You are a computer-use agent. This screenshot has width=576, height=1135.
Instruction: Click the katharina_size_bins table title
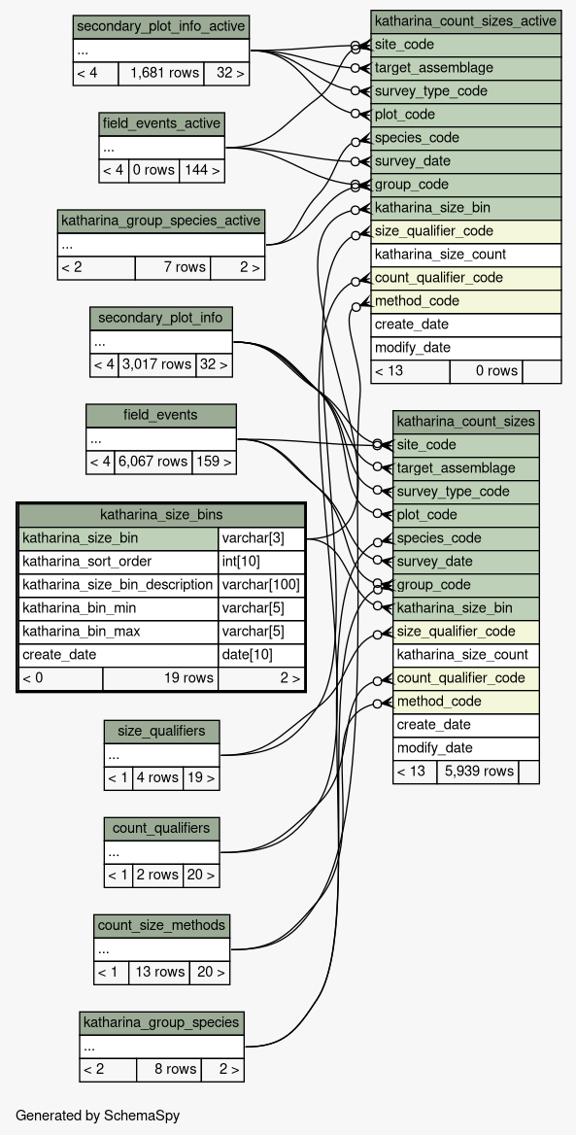tap(160, 515)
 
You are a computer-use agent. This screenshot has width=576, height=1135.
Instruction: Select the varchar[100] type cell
tap(260, 585)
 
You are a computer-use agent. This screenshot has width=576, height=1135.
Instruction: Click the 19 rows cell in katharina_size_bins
tap(160, 678)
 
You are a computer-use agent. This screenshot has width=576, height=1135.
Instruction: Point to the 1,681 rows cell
tap(160, 74)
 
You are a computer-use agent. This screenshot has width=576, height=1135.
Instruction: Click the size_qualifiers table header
tap(161, 731)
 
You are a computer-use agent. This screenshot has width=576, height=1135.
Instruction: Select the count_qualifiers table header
tap(161, 828)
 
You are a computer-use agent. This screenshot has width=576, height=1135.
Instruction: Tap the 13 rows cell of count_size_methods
tap(159, 972)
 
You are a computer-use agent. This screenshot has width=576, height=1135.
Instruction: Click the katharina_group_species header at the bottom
tap(161, 1023)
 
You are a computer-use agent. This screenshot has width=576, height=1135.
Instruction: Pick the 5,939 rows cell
tap(478, 771)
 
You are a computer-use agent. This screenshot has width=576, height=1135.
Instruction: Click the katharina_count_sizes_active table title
tap(466, 21)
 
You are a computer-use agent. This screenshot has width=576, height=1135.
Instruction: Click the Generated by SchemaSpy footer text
tap(98, 1116)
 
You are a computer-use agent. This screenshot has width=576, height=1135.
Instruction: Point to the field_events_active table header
tap(161, 123)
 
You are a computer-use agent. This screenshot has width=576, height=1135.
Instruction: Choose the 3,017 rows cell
tap(157, 365)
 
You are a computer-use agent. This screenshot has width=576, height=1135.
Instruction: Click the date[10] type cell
tap(260, 655)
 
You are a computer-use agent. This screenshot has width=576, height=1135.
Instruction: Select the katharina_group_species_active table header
tap(160, 221)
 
